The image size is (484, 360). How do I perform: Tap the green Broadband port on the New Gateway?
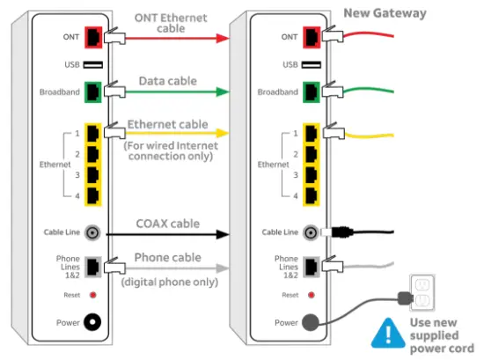coord(310,91)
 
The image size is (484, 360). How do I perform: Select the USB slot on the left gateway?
coord(92,64)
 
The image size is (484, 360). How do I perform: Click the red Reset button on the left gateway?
coord(92,295)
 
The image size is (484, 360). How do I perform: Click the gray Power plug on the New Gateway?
coord(310,323)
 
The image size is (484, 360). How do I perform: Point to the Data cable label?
coord(169,81)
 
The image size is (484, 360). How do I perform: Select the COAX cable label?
coord(167,224)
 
